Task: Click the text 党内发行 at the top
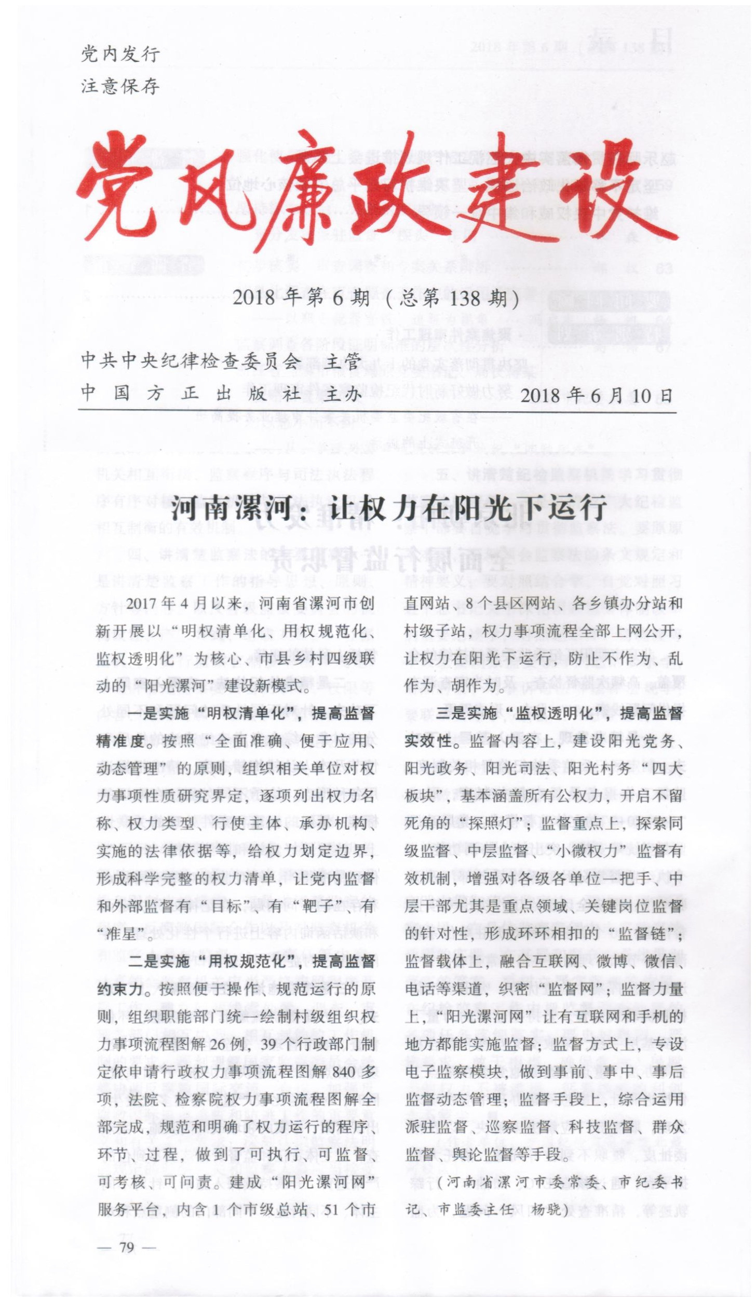point(120,53)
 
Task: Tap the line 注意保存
point(120,86)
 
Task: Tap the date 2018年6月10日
point(596,396)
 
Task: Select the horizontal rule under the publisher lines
point(377,412)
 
